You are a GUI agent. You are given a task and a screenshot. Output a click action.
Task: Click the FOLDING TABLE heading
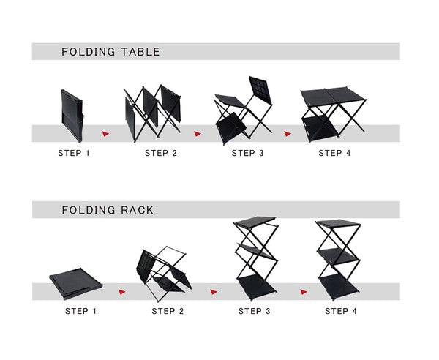pyautogui.click(x=110, y=52)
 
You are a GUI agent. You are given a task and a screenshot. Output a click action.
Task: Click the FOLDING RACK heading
pyautogui.click(x=108, y=210)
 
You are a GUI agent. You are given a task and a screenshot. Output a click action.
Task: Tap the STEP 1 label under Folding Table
pyautogui.click(x=75, y=153)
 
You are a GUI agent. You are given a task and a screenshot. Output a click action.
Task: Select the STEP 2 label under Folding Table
pyautogui.click(x=161, y=153)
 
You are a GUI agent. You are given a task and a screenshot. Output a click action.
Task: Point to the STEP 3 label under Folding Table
pyautogui.click(x=248, y=153)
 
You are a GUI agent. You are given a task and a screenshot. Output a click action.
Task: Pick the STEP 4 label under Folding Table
pyautogui.click(x=334, y=153)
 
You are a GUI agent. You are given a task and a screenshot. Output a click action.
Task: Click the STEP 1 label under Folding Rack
pyautogui.click(x=81, y=311)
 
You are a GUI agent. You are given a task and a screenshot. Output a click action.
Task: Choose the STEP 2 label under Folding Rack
pyautogui.click(x=168, y=311)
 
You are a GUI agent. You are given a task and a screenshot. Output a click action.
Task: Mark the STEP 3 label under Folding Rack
pyautogui.click(x=255, y=311)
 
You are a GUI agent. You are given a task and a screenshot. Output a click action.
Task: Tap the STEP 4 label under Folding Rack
pyautogui.click(x=341, y=311)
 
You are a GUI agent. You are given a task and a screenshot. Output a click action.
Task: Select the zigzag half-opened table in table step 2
pyautogui.click(x=152, y=113)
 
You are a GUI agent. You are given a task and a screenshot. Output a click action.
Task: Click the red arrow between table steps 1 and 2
pyautogui.click(x=107, y=134)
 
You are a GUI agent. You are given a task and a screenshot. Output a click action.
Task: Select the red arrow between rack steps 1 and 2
pyautogui.click(x=122, y=291)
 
